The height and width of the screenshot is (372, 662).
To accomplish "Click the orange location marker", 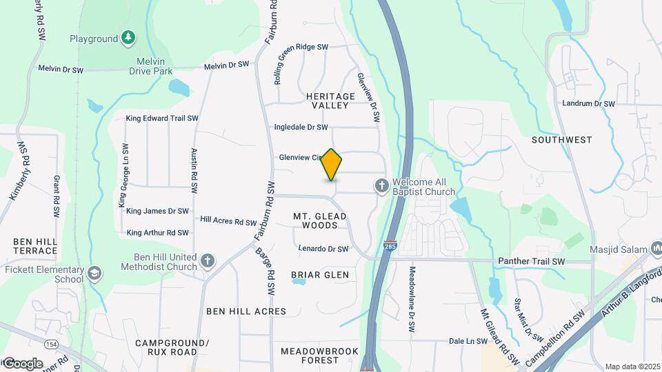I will (332, 165).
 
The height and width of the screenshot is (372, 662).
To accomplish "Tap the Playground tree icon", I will (128, 38).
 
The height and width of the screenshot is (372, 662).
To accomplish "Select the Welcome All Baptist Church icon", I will (381, 185).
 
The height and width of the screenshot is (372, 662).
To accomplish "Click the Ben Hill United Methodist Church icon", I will (208, 261).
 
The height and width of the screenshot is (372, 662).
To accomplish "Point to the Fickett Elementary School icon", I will (94, 273).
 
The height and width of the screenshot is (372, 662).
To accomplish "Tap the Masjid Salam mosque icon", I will (656, 248).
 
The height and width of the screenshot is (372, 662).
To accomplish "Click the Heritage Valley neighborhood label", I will (331, 101).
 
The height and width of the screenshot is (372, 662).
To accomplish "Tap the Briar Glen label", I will (320, 275).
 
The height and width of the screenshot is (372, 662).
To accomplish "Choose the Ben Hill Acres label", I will (246, 311).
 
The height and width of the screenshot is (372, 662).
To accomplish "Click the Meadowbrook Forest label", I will (320, 355).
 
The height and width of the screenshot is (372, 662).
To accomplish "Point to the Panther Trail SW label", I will (531, 262).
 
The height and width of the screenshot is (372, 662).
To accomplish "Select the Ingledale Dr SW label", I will (301, 127).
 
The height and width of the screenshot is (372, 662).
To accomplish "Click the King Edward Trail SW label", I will (162, 118).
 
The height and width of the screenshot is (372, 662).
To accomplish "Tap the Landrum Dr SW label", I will (588, 103).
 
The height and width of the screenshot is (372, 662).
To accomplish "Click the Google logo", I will (22, 363).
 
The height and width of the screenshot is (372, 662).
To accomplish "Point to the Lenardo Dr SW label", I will (323, 249).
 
